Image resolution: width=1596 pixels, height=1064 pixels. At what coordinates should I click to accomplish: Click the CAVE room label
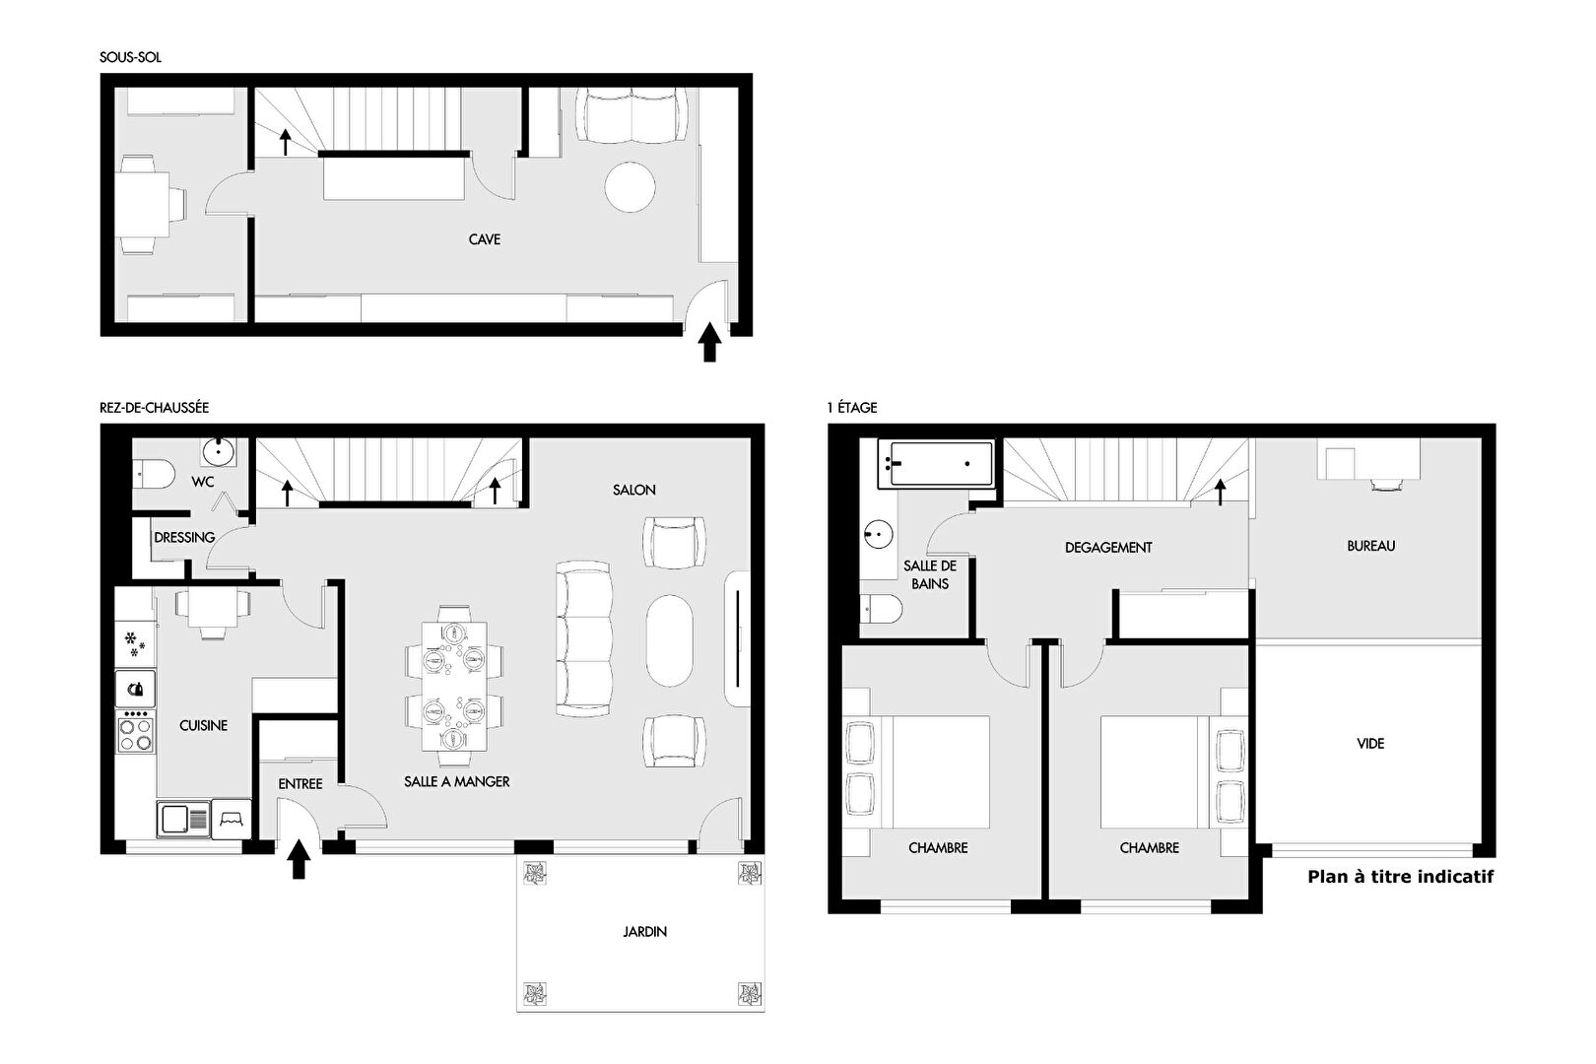click(485, 239)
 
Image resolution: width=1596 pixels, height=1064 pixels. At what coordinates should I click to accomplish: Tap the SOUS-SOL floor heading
click(130, 57)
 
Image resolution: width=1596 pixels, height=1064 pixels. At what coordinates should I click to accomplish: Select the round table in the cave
click(630, 187)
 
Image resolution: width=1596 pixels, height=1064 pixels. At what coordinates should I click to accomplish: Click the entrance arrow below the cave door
click(709, 342)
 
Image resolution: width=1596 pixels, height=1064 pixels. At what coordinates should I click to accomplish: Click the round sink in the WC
click(219, 450)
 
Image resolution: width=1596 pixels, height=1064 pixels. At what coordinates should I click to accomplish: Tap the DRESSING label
click(184, 537)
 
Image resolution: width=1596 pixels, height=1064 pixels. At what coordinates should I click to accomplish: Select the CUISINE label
click(203, 725)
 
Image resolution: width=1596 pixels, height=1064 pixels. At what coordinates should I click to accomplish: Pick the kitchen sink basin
click(175, 820)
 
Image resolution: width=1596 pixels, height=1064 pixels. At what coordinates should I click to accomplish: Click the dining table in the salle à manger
click(454, 687)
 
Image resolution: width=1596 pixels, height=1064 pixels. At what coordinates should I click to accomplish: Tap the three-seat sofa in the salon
click(583, 638)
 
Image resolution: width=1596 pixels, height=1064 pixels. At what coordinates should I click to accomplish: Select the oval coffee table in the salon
click(669, 640)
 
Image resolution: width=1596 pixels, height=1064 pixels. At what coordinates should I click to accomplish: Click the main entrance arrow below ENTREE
click(299, 859)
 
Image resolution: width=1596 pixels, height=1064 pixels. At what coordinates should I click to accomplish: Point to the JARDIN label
click(645, 931)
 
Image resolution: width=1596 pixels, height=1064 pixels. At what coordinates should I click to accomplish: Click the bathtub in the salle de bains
click(936, 464)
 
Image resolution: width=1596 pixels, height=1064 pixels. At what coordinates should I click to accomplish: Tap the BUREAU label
click(1370, 546)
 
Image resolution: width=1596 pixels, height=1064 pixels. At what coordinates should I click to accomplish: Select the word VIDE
click(1370, 743)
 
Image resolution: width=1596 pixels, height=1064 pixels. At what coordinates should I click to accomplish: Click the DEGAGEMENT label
click(1108, 548)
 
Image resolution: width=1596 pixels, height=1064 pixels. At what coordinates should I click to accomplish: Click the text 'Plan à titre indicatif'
click(1401, 877)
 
